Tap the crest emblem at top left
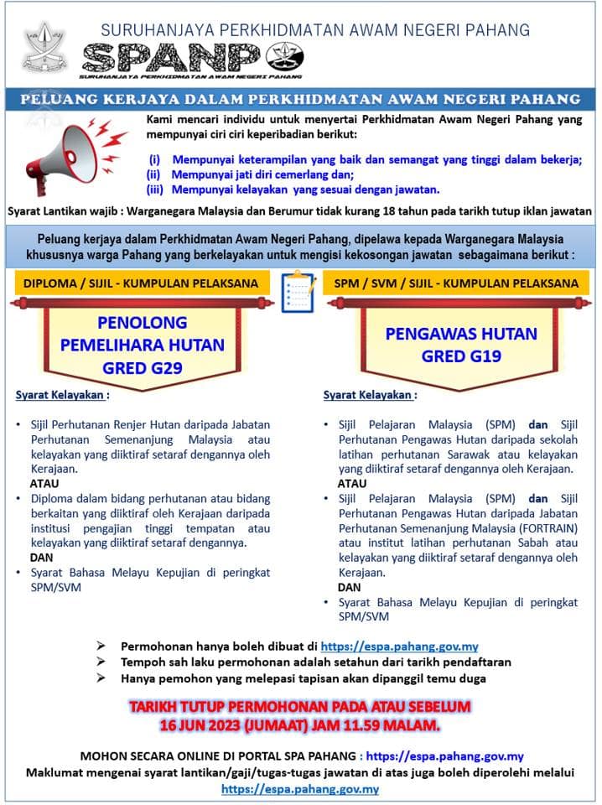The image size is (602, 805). pos(42,48)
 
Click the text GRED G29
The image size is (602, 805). pos(142,366)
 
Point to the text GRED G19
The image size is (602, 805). pos(460,356)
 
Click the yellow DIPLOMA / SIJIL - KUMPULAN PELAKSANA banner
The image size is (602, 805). pos(140,283)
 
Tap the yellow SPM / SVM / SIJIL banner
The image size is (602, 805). pos(456,283)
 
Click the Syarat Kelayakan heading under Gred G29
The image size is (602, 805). pos(63,395)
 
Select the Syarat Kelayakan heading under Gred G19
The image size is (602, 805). pos(370,395)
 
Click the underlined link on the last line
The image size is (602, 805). pos(300,789)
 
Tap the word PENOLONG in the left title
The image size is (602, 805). pos(142,323)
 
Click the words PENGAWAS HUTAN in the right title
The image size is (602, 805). pos(460,334)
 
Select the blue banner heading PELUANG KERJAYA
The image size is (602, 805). pos(300,99)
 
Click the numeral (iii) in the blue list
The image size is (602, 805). pos(154,190)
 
